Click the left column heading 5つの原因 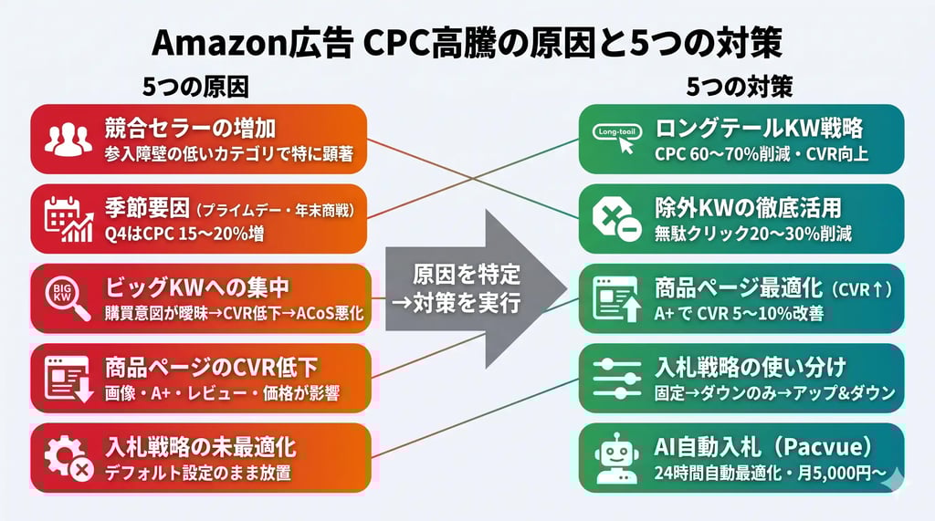195,87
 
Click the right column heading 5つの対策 739,87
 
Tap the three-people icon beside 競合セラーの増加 68,139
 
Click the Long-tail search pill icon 619,137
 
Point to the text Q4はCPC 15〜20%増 184,234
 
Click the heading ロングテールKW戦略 759,127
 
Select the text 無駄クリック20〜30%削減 753,234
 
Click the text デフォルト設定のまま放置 198,474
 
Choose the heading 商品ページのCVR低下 211,368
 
